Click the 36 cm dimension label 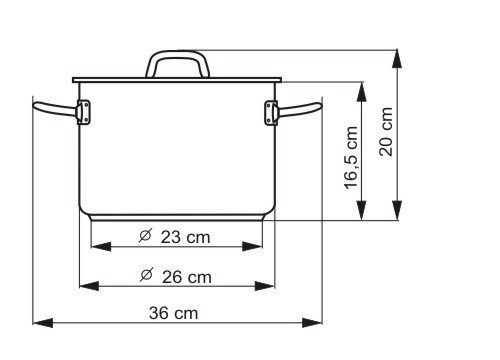tap(173, 313)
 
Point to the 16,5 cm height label tap(351, 158)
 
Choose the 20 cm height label tap(386, 132)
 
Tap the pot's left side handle tap(55, 109)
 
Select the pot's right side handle tap(299, 109)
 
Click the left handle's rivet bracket tap(83, 112)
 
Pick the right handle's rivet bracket tap(271, 113)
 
